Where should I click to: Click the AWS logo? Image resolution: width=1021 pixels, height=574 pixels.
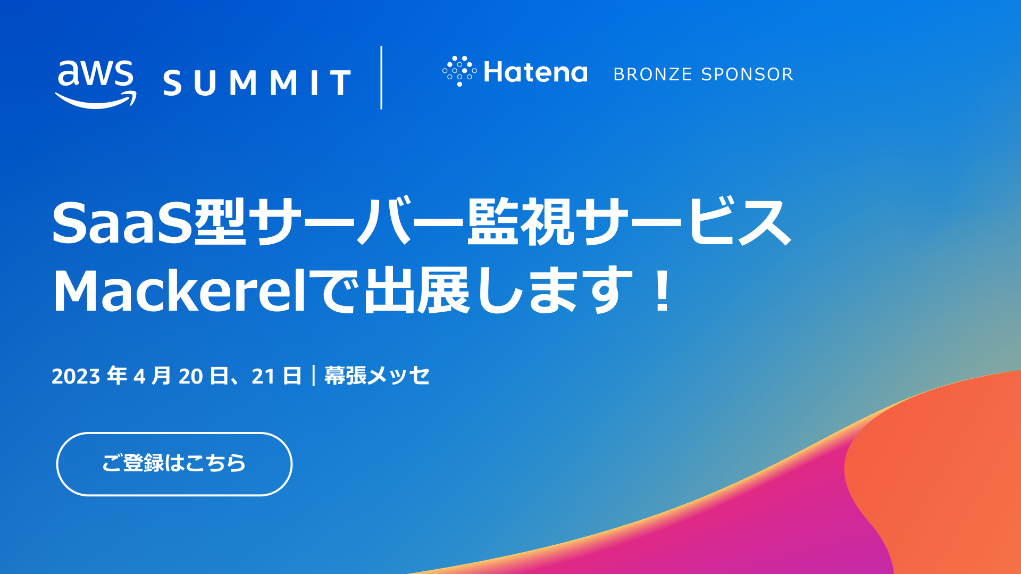pyautogui.click(x=96, y=84)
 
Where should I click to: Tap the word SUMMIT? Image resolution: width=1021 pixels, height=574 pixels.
pyautogui.click(x=257, y=83)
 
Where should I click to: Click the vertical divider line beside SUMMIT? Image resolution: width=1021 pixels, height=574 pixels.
pyautogui.click(x=381, y=78)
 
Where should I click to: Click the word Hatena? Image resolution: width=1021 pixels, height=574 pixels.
pyautogui.click(x=535, y=72)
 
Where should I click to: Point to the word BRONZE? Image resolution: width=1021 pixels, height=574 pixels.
pyautogui.click(x=652, y=74)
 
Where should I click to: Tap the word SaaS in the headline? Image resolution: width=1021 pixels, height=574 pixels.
pyautogui.click(x=122, y=223)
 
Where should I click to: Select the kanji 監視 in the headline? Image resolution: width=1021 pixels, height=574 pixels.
pyautogui.click(x=521, y=222)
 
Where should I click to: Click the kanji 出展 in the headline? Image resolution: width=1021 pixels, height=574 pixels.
pyautogui.click(x=416, y=290)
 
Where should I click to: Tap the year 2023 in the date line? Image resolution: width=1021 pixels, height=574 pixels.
pyautogui.click(x=76, y=377)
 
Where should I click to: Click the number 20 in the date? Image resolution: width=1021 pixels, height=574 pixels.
pyautogui.click(x=190, y=377)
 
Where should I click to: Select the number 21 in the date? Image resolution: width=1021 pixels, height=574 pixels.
pyautogui.click(x=263, y=377)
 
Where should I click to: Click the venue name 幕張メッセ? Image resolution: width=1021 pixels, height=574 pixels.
pyautogui.click(x=376, y=376)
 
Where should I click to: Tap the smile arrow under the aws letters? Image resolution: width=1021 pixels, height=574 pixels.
pyautogui.click(x=96, y=101)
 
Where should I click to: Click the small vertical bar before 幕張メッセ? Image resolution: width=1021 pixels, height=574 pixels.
pyautogui.click(x=314, y=376)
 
